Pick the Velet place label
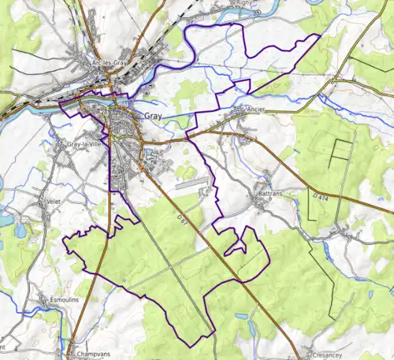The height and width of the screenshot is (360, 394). (x=54, y=202)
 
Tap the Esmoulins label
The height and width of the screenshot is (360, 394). (x=57, y=299)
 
